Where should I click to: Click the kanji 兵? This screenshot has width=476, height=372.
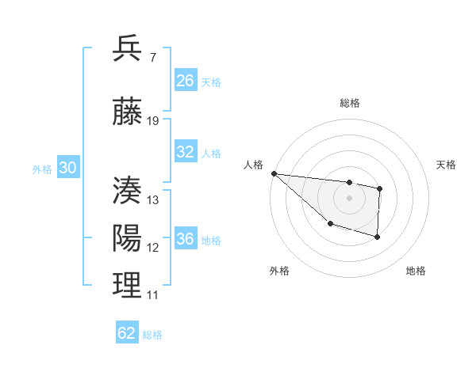(x=128, y=48)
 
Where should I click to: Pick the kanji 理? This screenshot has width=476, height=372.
(x=128, y=286)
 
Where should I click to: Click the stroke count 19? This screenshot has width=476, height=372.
(x=153, y=121)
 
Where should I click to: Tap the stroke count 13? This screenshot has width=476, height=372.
(x=153, y=200)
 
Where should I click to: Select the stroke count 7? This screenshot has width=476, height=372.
(x=152, y=59)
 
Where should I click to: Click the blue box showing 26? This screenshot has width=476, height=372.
(x=185, y=81)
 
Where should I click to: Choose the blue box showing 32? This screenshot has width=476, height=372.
(x=185, y=152)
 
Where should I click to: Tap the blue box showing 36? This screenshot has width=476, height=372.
(x=185, y=239)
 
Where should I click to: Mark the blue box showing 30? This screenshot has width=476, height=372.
(x=67, y=168)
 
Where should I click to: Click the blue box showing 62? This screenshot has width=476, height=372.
(x=127, y=333)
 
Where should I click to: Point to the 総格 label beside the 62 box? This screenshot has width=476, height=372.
(x=152, y=335)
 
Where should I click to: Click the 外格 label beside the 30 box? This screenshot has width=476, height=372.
(x=42, y=169)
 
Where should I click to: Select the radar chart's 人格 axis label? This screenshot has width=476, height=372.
(x=253, y=165)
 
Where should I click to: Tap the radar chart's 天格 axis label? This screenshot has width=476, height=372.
(x=446, y=165)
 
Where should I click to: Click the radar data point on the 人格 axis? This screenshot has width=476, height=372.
(x=274, y=173)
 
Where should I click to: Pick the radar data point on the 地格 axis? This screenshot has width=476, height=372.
(x=378, y=237)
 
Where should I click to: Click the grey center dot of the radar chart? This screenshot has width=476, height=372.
(x=349, y=198)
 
